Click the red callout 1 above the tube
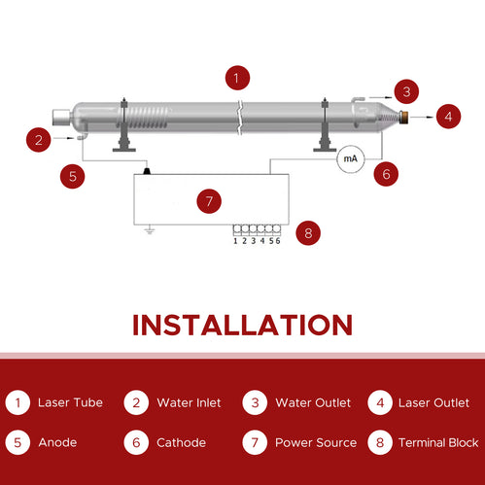coord(236,77)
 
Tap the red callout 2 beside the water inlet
coord(38,140)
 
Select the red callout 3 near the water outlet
coord(407,92)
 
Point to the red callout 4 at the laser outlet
coord(447,117)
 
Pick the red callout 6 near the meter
coord(386,175)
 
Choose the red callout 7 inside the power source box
coord(209,202)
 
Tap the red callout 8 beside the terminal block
coord(308,233)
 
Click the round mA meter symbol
coord(350,159)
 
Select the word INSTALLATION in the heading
coord(242,325)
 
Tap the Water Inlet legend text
coord(189,402)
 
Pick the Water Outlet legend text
coord(312,402)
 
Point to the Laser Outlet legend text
coord(433,402)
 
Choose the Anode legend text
coord(57,443)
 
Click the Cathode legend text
coord(181,443)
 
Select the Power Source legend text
coord(316,443)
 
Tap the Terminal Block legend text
coord(438,443)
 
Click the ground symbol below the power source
coord(149,230)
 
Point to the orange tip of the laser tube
coord(402,117)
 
